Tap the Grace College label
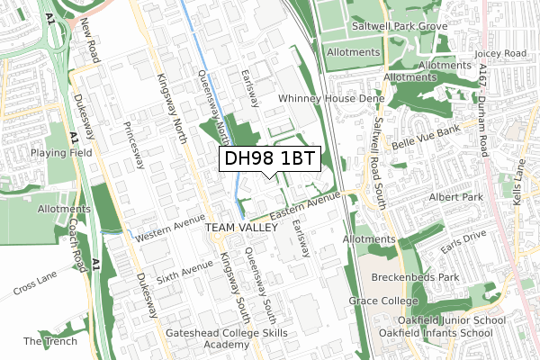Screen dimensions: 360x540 pyautogui.click(x=384, y=301)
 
